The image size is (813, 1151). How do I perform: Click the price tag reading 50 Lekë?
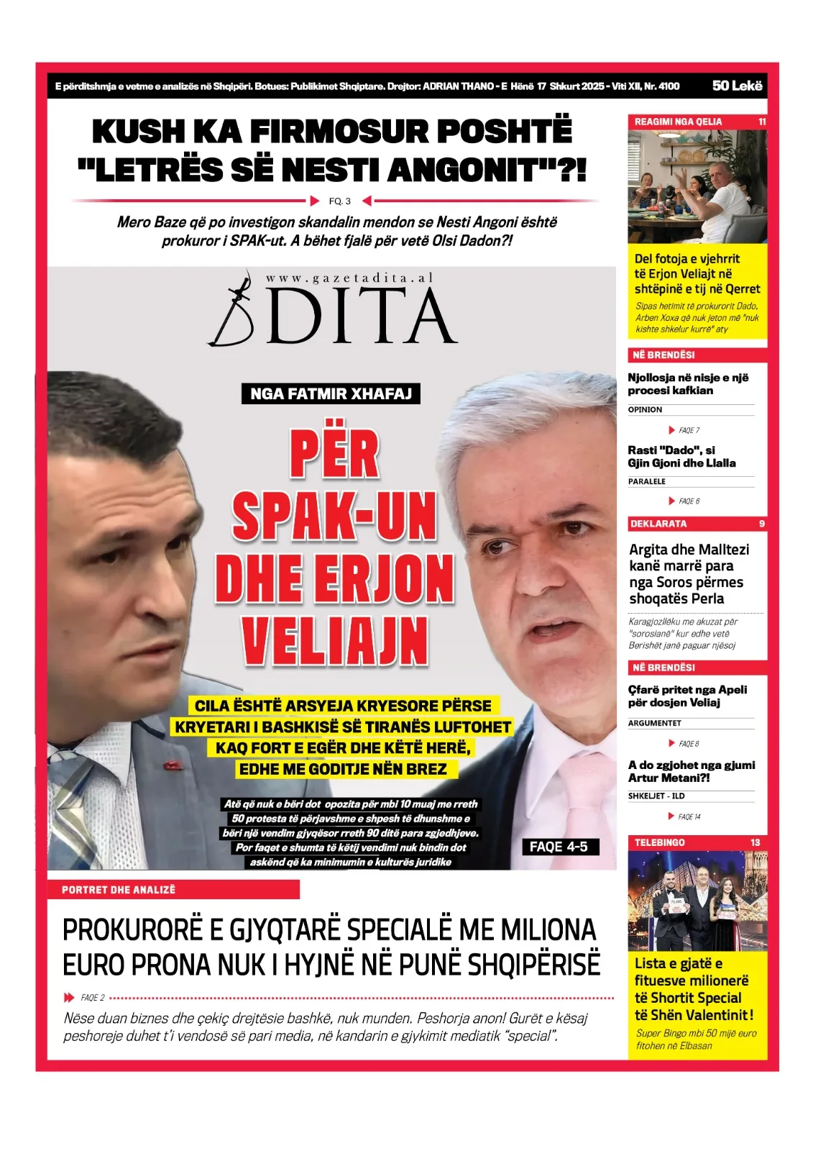click(737, 86)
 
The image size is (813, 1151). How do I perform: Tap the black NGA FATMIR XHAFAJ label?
click(331, 393)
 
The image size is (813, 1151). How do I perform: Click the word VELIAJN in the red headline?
click(335, 640)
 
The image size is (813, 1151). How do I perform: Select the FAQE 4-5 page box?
click(559, 847)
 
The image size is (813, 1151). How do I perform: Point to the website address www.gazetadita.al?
click(349, 278)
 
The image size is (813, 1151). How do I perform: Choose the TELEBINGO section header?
click(659, 842)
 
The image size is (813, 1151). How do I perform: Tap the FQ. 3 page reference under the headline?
click(340, 201)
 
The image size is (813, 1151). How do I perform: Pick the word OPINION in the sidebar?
click(645, 409)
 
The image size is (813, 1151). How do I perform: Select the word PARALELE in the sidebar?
click(646, 481)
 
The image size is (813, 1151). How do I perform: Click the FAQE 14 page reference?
click(689, 816)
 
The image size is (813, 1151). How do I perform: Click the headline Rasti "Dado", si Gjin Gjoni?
click(681, 457)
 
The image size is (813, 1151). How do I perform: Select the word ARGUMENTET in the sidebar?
click(654, 723)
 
